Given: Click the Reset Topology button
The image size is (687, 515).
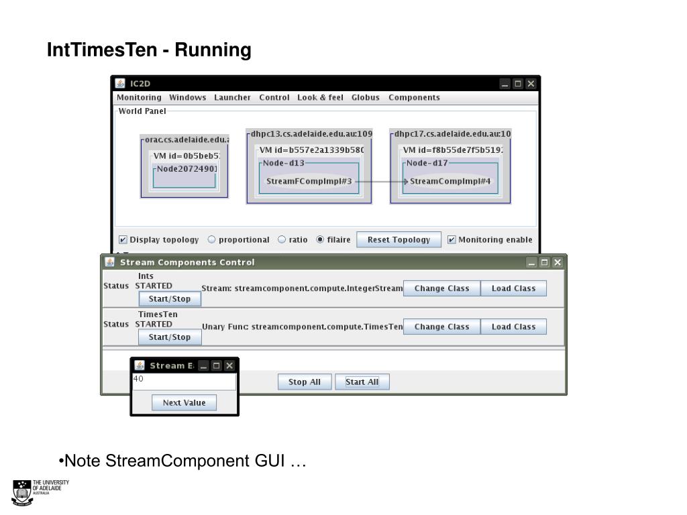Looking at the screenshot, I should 399,240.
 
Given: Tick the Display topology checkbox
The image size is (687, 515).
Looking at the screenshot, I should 123,240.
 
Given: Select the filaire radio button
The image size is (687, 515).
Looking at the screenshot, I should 320,239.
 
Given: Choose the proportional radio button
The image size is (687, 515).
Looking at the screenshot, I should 212,239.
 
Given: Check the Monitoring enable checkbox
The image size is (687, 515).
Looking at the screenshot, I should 452,240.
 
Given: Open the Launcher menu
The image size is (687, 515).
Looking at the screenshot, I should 232,97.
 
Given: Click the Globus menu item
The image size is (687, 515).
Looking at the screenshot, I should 365,97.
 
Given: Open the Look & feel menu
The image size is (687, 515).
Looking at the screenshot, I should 320,97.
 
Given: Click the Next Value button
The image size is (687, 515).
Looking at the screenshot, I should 184,403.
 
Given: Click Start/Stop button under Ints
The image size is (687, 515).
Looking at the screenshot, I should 170,299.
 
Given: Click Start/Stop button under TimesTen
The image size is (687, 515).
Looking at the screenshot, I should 170,337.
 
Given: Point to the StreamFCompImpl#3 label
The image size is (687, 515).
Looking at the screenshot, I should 309,181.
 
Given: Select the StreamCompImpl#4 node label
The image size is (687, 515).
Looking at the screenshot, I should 450,181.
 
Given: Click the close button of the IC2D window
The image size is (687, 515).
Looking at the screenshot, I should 531,84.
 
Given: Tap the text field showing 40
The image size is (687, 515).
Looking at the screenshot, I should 184,382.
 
